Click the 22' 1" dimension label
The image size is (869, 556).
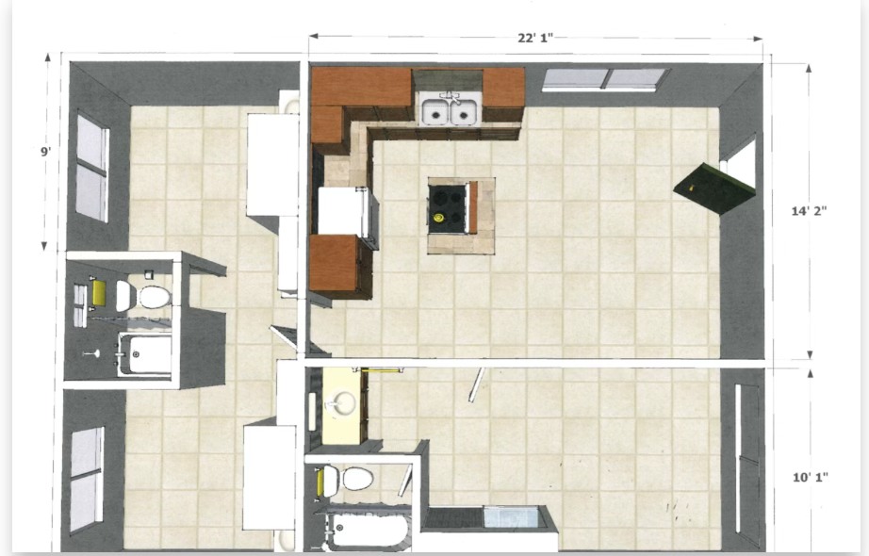point(534,38)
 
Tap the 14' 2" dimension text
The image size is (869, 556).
point(809,211)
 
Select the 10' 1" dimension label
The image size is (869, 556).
point(810,477)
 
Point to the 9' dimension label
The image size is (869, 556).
point(46,151)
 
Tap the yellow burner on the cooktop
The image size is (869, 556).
point(438,218)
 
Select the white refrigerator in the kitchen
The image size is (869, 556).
point(344,211)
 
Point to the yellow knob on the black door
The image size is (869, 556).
point(691,188)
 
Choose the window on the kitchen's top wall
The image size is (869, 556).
point(605,79)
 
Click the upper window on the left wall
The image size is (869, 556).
point(92,168)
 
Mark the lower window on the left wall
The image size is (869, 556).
point(86,480)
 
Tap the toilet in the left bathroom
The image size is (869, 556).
point(143,297)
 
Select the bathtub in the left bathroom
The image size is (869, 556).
point(145,353)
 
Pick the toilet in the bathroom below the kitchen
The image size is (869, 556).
point(348,479)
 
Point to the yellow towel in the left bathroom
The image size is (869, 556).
point(99,293)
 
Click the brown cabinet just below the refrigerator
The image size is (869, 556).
point(335,263)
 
